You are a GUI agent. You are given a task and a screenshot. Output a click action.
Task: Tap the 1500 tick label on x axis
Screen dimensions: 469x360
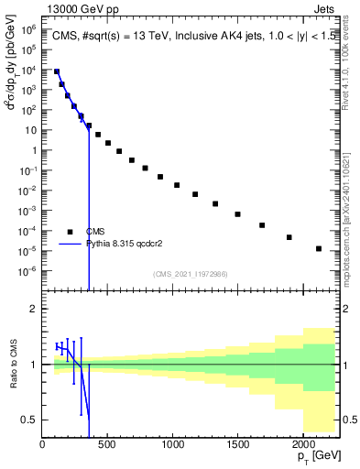coord(236,444)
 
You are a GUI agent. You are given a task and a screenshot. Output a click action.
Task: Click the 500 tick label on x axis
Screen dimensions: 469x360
coord(107,444)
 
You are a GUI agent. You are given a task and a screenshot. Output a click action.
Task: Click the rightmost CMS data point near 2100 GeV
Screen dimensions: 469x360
coord(318,248)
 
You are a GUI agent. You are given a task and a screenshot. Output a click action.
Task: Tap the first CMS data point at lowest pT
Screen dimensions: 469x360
coord(57,71)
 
